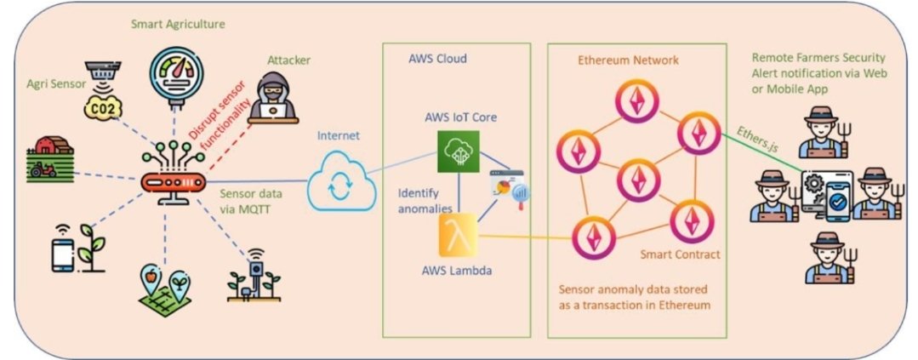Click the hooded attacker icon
coord(273,98)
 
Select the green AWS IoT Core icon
coord(459,151)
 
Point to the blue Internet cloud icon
coord(340,180)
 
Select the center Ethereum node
coord(637,180)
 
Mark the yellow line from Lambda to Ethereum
coord(525,237)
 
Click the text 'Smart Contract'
coord(680,254)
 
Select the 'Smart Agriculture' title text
coord(178,25)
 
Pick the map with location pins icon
coord(164,290)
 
